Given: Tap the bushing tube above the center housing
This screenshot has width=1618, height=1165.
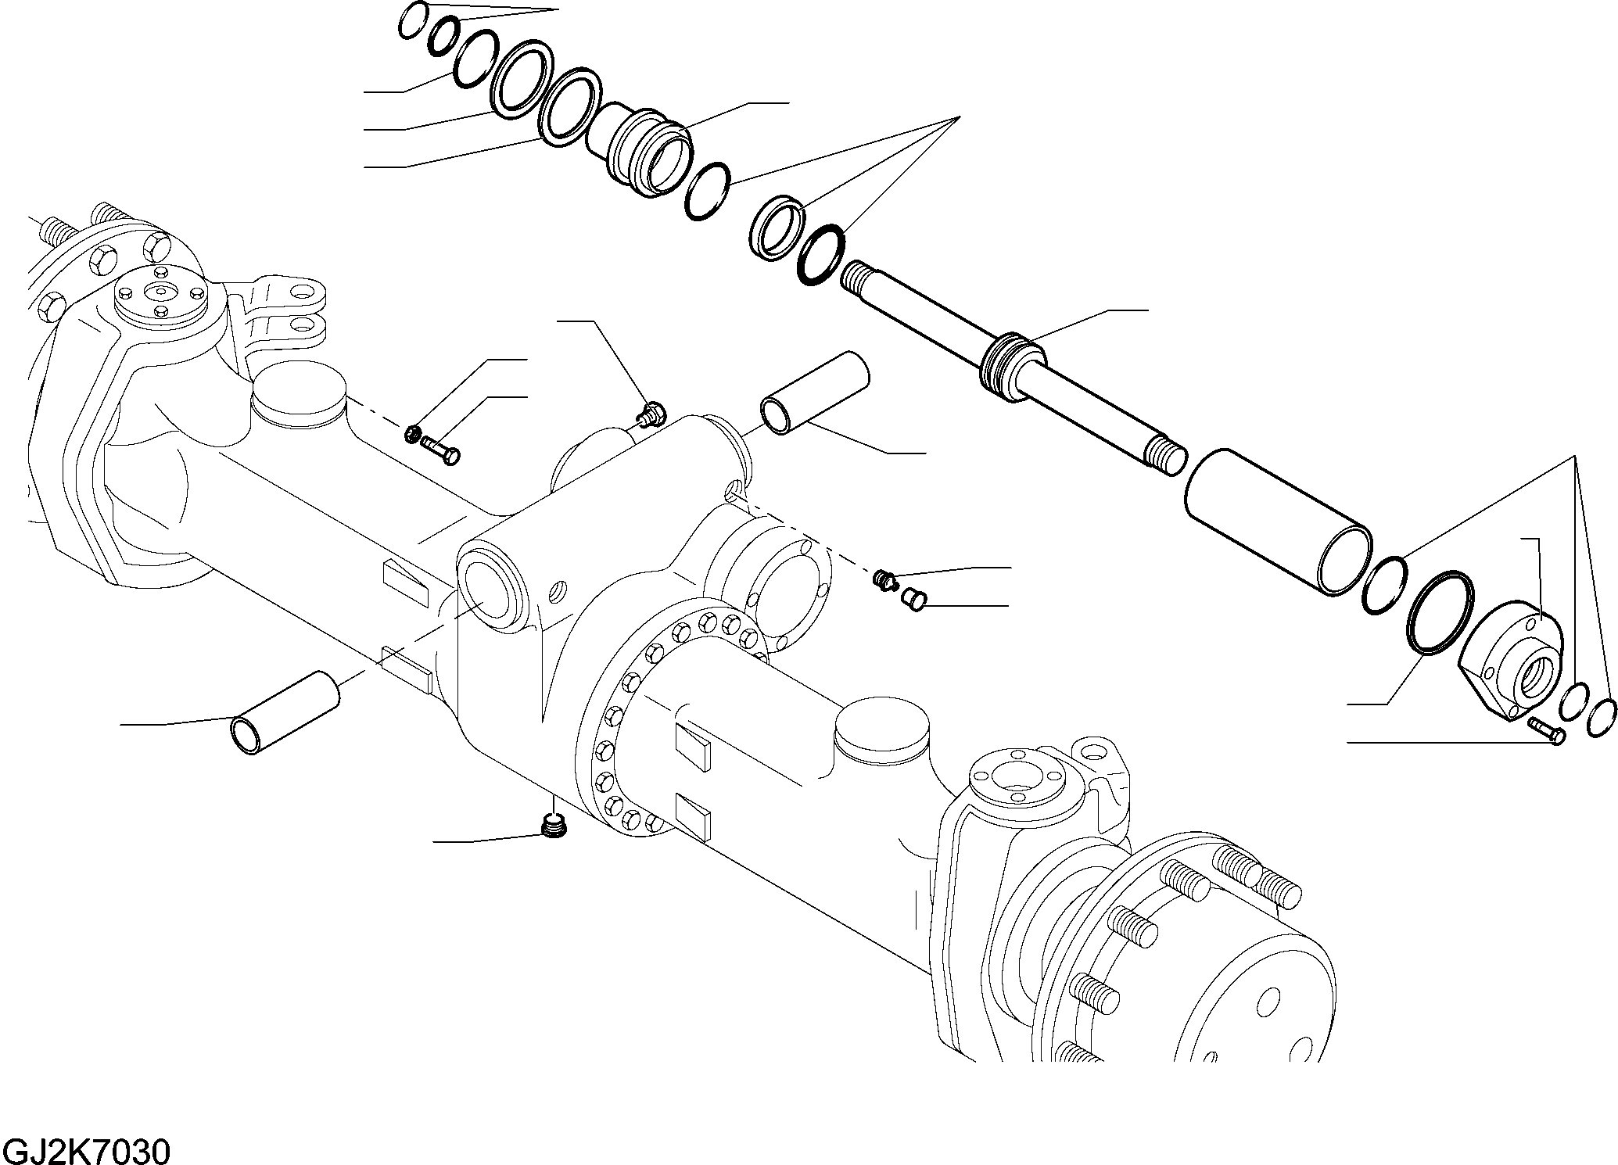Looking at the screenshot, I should [x=815, y=393].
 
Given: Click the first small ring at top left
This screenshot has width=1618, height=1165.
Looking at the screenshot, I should [x=412, y=20].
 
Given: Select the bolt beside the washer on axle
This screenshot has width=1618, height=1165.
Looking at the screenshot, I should [x=442, y=450].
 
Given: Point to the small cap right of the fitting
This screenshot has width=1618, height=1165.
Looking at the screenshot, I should [x=913, y=600].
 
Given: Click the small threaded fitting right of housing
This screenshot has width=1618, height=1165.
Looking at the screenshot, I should [x=884, y=579].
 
